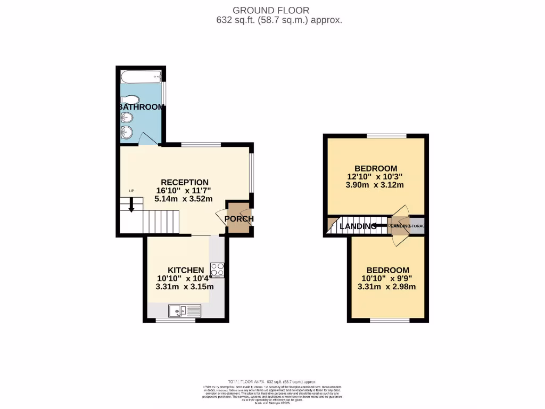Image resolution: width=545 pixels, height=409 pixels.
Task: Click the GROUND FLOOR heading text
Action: coord(270,10)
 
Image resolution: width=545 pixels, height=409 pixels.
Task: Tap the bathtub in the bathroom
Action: coord(141,78)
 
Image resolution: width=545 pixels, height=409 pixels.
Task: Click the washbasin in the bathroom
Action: coord(126,132)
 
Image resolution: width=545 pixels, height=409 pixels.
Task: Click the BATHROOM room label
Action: coord(142,107)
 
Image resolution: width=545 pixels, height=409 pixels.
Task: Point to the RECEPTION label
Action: coord(185,182)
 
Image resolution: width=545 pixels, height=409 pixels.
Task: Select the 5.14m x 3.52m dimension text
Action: coord(184,199)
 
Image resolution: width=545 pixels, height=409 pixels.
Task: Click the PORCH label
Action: coord(239,219)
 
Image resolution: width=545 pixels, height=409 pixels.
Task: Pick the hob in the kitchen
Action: coord(217,269)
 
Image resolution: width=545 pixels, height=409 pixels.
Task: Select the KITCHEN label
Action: coord(185,270)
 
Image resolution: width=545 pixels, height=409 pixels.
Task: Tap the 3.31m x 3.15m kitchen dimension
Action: coord(185,287)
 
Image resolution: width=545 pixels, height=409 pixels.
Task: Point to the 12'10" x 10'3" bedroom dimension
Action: coord(375,177)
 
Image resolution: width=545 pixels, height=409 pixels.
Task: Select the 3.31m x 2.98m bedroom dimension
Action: coord(386,287)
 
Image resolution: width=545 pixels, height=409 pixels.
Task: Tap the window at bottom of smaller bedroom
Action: coord(390,321)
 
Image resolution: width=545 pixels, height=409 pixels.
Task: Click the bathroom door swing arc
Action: coord(145,138)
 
